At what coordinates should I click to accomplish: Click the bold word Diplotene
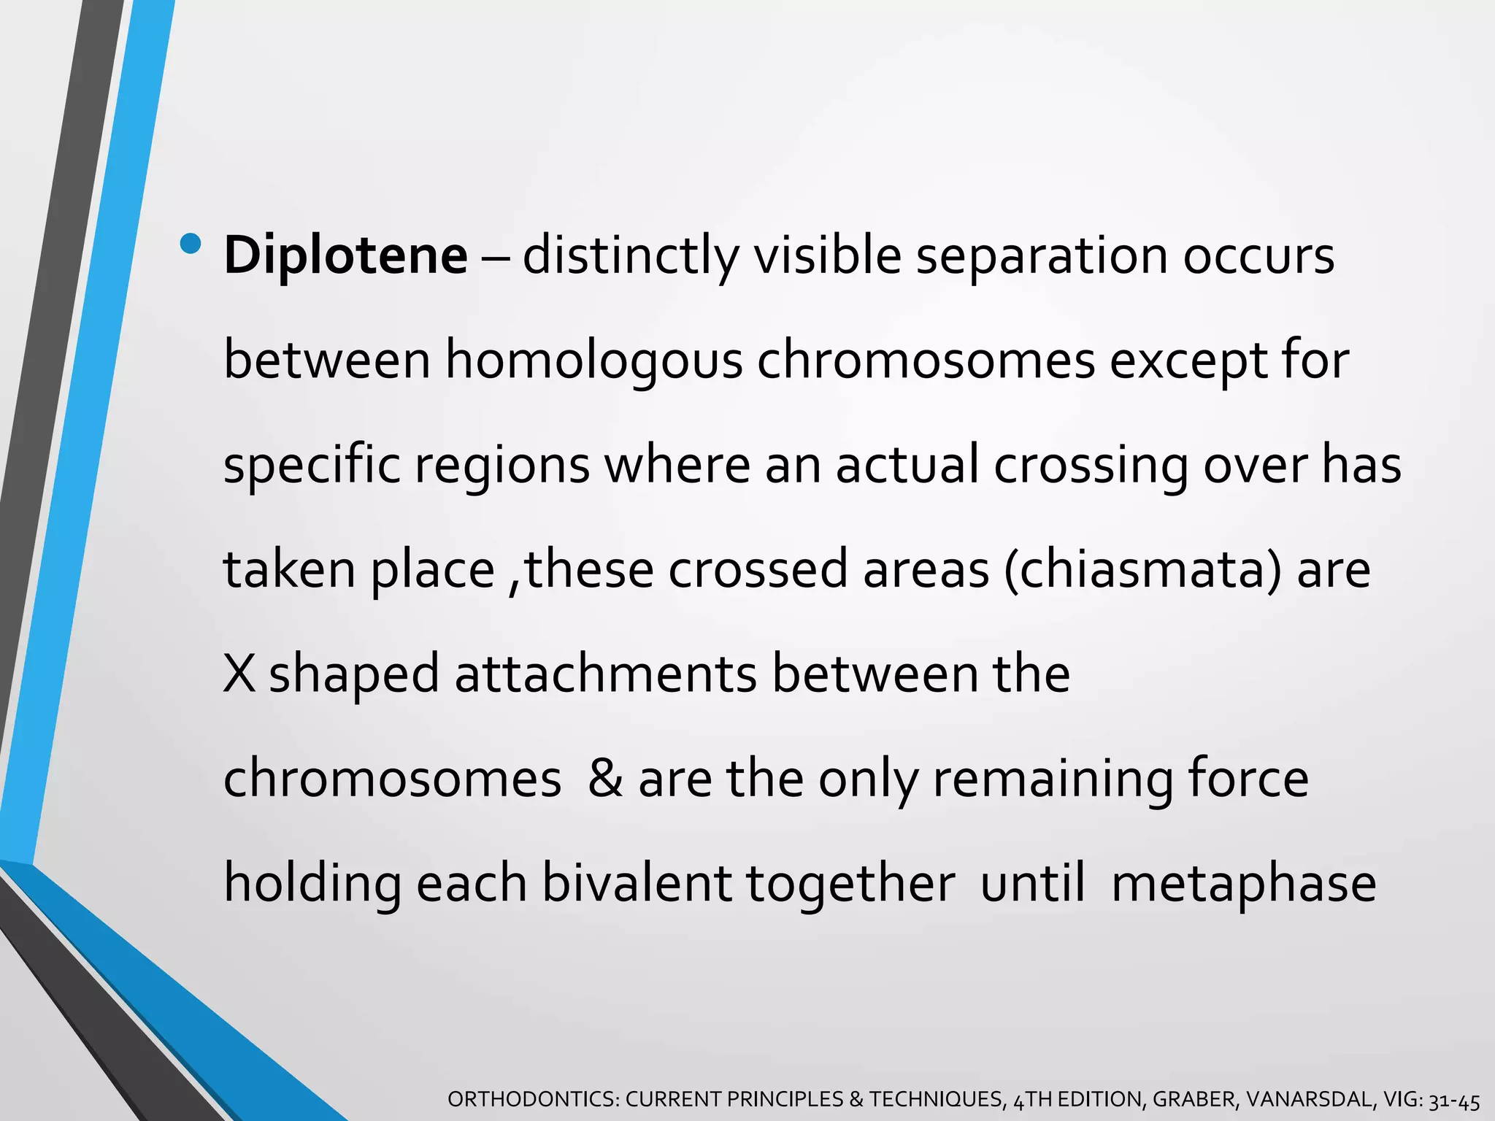click(345, 256)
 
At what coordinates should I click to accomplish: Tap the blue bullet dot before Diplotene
click(191, 243)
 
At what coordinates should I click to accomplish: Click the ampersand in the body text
click(605, 778)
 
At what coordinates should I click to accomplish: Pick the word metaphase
click(1243, 883)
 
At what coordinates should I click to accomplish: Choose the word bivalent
click(636, 883)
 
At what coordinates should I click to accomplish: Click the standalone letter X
click(239, 674)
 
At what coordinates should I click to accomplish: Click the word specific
click(312, 466)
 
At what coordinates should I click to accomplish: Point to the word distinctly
click(631, 256)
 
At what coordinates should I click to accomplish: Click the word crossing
click(1091, 466)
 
